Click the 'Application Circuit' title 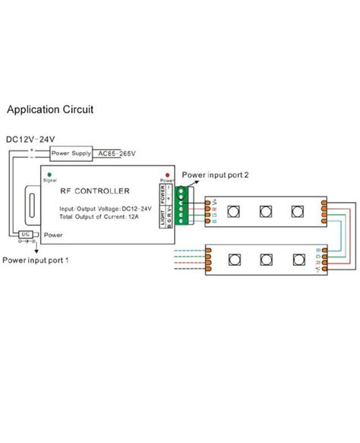pyautogui.click(x=50, y=109)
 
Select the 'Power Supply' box pyautogui.click(x=71, y=154)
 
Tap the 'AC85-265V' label pyautogui.click(x=116, y=154)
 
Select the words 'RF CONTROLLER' pyautogui.click(x=96, y=191)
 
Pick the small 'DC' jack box pyautogui.click(x=27, y=234)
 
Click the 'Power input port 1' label pyautogui.click(x=36, y=260)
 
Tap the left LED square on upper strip pyautogui.click(x=233, y=210)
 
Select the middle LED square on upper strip pyautogui.click(x=266, y=210)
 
